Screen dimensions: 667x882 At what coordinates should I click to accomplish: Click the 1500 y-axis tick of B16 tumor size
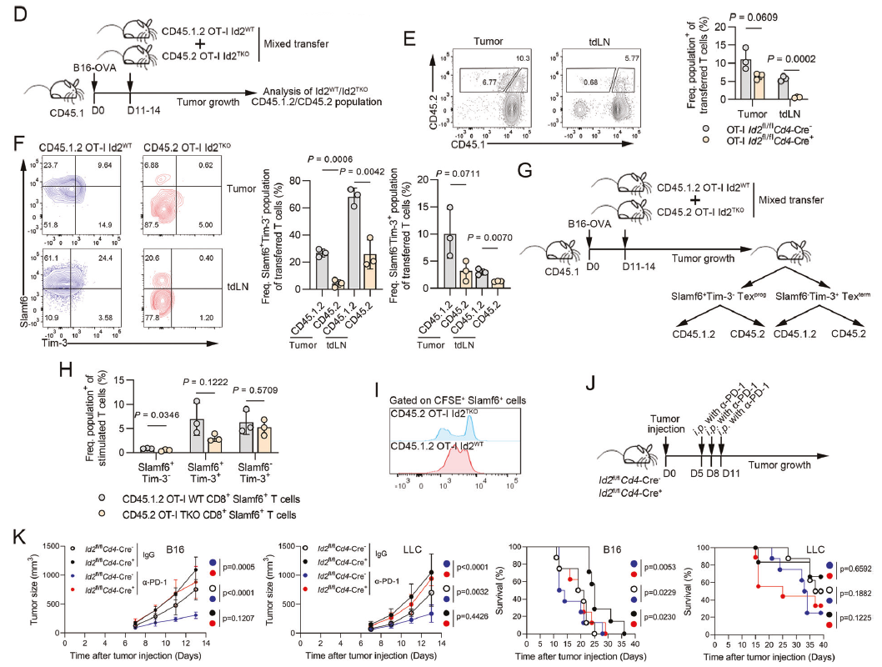[49, 546]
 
